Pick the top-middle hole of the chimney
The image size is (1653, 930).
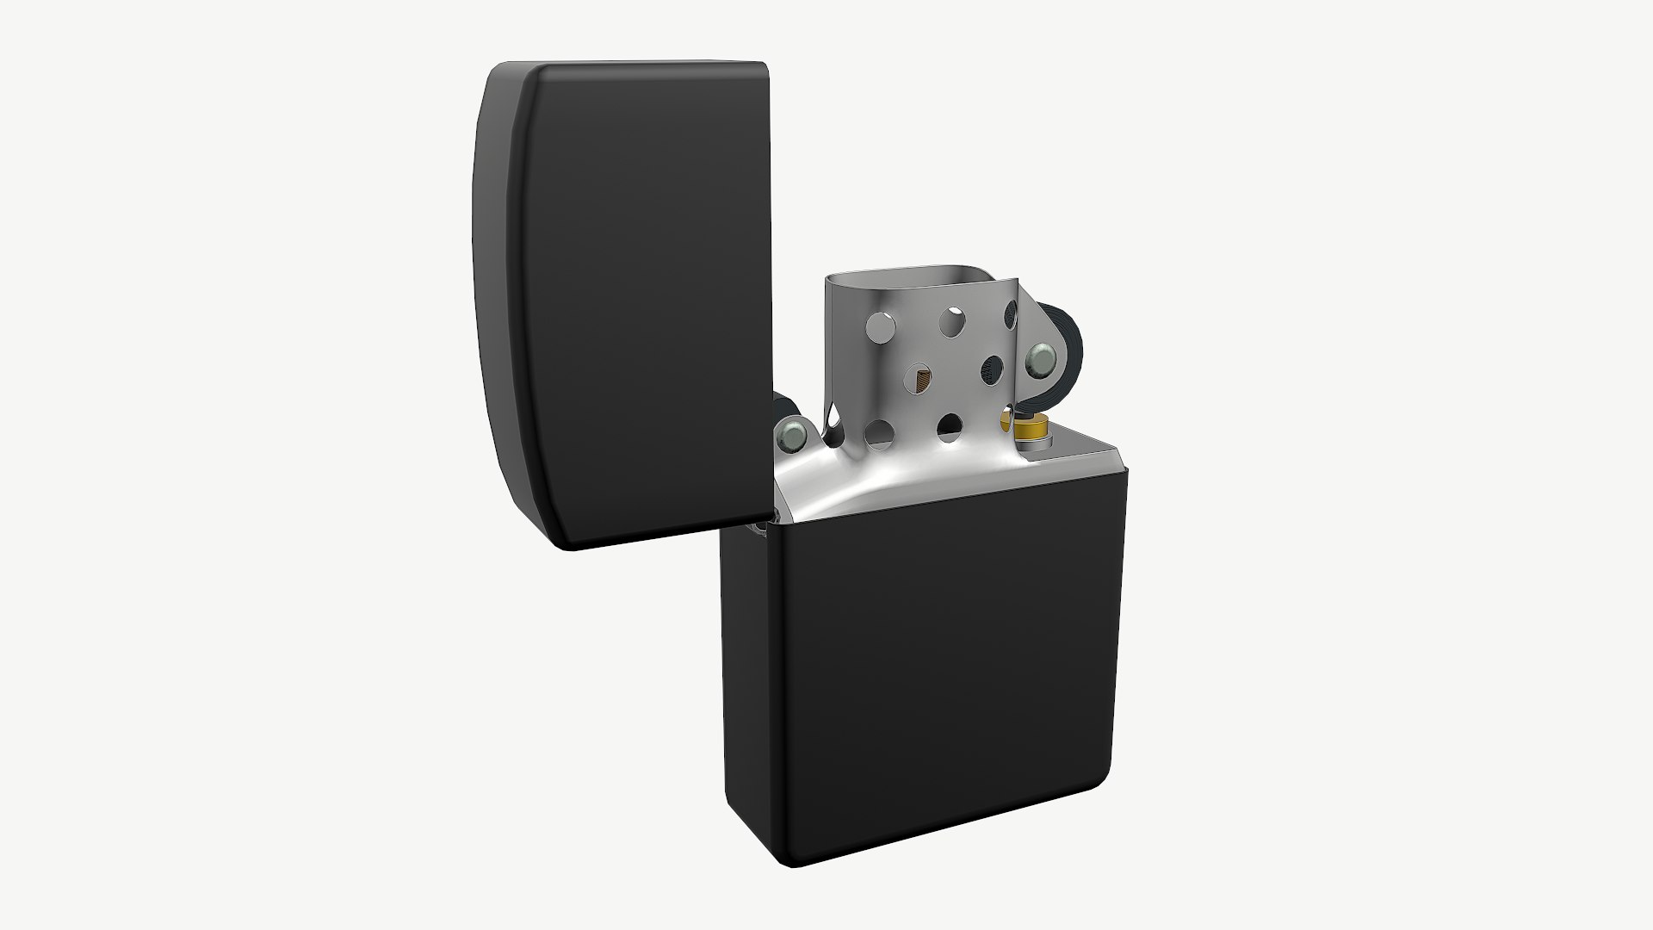pyautogui.click(x=952, y=321)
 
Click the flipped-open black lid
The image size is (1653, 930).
pyautogui.click(x=637, y=301)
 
